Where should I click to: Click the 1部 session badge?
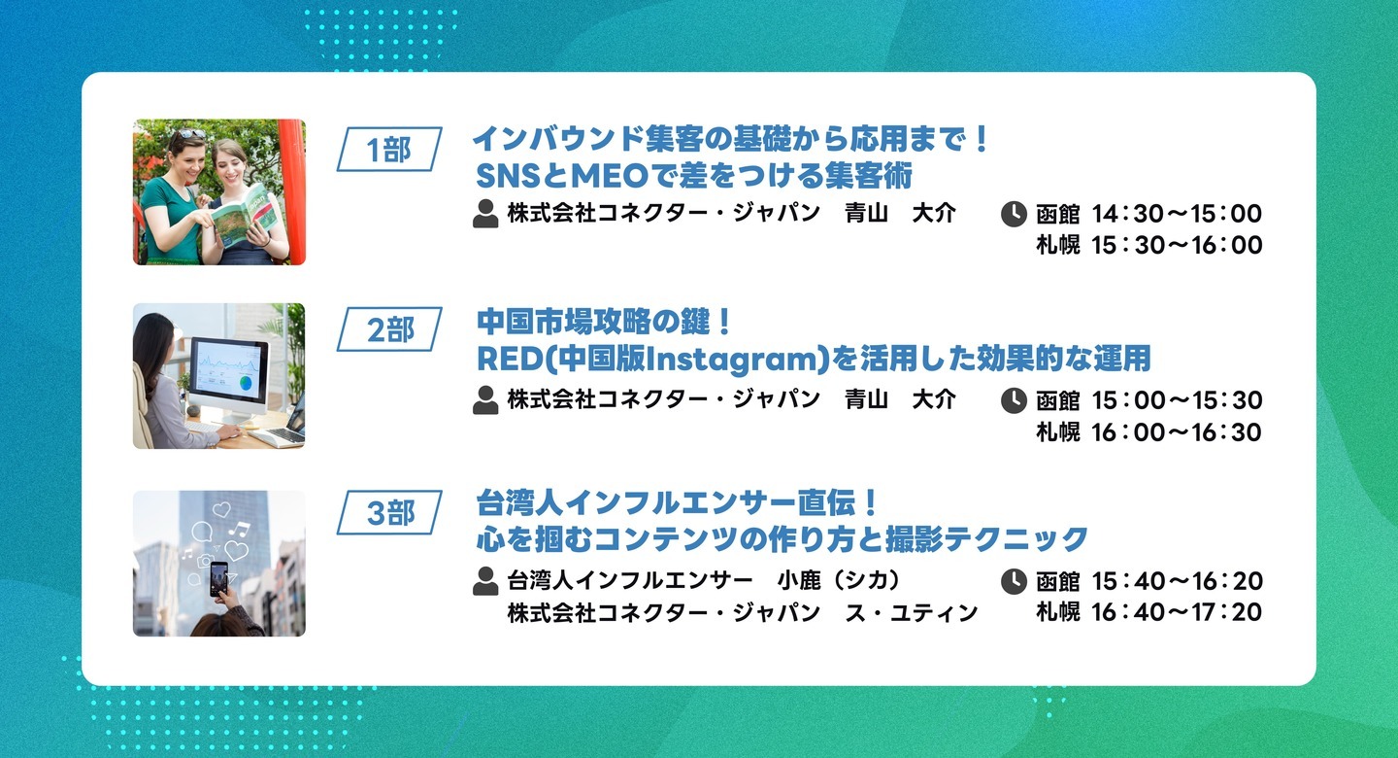pos(389,150)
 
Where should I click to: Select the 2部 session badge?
pos(389,329)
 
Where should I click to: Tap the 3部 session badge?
pos(389,512)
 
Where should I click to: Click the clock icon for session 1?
pos(1014,214)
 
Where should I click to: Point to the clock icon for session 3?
pos(1014,581)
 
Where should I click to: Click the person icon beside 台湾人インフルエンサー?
pos(485,581)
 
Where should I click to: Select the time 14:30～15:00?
pos(1177,214)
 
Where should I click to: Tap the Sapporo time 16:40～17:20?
pos(1177,612)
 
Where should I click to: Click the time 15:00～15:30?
pos(1177,400)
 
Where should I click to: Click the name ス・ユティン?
pos(912,613)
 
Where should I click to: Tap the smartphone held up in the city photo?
pos(218,578)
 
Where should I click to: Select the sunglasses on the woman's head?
pos(187,134)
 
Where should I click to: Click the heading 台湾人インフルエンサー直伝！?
pos(678,503)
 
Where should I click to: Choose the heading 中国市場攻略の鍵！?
pos(603,323)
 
